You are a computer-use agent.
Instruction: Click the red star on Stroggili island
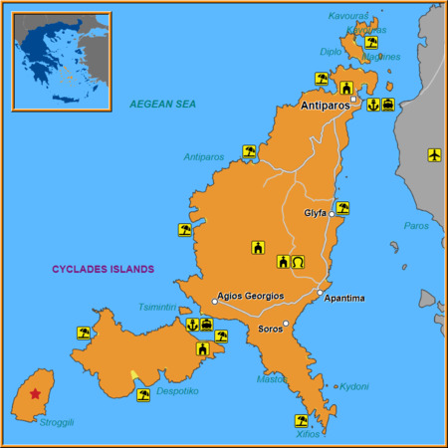click(x=36, y=393)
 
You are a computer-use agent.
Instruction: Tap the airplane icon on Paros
click(x=434, y=154)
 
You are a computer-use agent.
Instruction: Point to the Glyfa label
click(x=316, y=213)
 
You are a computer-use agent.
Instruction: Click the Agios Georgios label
click(x=251, y=296)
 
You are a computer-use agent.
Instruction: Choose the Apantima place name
click(x=344, y=298)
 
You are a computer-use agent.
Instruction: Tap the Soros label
click(x=270, y=329)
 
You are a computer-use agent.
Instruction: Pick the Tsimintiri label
click(x=157, y=307)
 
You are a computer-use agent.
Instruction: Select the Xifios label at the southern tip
click(x=309, y=434)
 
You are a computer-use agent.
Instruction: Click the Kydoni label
click(x=354, y=386)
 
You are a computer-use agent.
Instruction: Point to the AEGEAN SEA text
click(x=164, y=104)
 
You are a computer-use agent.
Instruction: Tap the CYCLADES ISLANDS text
click(x=104, y=269)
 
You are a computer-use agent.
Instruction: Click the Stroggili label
click(x=57, y=422)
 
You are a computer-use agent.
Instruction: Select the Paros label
click(x=415, y=226)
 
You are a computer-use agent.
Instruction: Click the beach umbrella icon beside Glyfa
click(x=342, y=208)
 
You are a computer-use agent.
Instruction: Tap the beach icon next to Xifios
click(x=301, y=420)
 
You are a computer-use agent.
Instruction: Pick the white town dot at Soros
click(x=286, y=324)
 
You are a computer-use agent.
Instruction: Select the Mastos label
click(x=272, y=379)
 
